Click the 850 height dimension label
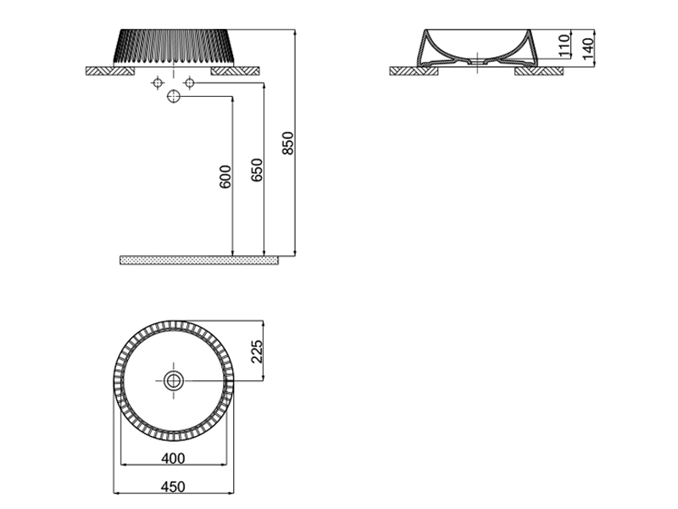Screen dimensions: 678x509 coord(287,143)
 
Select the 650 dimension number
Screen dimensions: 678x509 coord(257,171)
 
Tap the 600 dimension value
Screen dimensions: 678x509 coord(225,176)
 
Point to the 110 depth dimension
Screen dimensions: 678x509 coord(564,46)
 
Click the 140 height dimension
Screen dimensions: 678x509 coord(588,49)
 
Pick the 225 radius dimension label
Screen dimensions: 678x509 coord(257,351)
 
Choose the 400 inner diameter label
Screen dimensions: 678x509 coord(173,458)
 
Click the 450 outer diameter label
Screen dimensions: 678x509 coord(173,486)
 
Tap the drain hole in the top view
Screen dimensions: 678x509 coord(174,381)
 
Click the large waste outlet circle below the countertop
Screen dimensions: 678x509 coord(174,97)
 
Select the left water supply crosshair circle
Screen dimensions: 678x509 coord(158,82)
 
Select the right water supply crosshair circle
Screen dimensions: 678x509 coord(189,82)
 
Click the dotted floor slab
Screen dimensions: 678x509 coord(199,260)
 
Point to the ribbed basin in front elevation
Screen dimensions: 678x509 coord(174,48)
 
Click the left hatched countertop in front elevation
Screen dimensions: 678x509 coord(110,71)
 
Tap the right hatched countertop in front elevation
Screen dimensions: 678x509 coord(236,71)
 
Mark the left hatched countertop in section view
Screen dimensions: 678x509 coord(414,71)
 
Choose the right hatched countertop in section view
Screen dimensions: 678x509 coord(539,71)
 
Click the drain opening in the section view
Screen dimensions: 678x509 coord(477,64)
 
